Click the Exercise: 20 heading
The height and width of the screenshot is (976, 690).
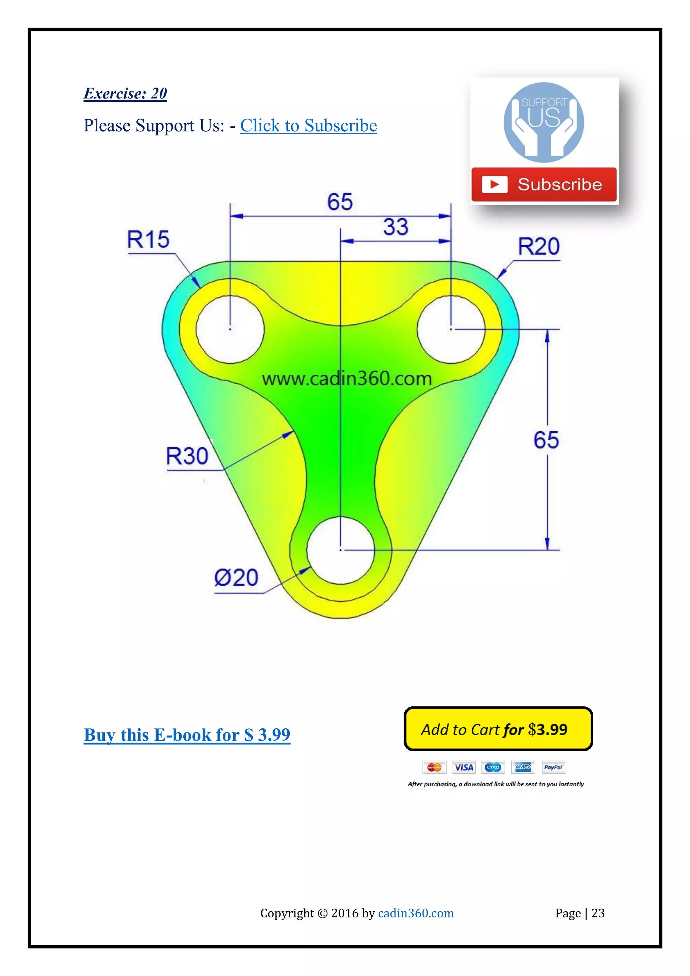pos(125,94)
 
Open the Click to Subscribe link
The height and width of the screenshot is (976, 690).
pos(308,126)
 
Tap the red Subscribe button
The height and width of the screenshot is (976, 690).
pos(543,185)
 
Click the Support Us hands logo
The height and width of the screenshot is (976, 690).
pos(543,122)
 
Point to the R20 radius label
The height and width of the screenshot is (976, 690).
pos(538,247)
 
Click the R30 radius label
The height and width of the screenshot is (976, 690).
pos(187,456)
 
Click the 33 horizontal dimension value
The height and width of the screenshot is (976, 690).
pos(396,227)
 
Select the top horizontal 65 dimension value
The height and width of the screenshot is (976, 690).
pos(340,202)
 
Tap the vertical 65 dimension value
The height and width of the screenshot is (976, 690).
pos(546,440)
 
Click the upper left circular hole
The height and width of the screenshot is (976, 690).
pos(230,329)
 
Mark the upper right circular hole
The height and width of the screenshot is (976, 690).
pos(451,329)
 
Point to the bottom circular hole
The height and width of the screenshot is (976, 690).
pos(340,550)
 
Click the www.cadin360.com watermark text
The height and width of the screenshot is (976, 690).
pos(346,379)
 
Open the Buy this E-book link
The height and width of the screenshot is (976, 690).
pos(187,735)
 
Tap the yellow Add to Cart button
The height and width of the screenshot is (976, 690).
pos(498,729)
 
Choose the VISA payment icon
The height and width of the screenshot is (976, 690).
pos(463,767)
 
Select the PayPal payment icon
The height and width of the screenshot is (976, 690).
pos(553,767)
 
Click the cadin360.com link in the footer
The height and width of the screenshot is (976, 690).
pos(415,913)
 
